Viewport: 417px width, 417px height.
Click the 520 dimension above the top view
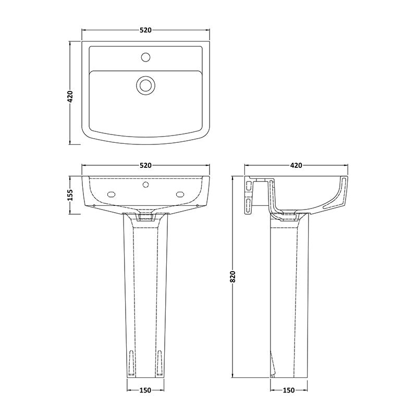point(145,30)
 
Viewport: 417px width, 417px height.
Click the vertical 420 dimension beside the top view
point(70,97)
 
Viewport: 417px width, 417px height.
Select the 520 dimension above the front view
point(145,165)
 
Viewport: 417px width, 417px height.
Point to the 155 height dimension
point(70,195)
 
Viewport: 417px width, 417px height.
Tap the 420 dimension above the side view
point(296,165)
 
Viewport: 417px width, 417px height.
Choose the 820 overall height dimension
point(232,277)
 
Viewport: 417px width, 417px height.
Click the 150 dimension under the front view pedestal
point(145,390)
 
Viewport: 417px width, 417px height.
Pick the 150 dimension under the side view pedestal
point(289,390)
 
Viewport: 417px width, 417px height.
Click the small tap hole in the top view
point(145,57)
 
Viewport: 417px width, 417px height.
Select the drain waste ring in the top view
point(145,85)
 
